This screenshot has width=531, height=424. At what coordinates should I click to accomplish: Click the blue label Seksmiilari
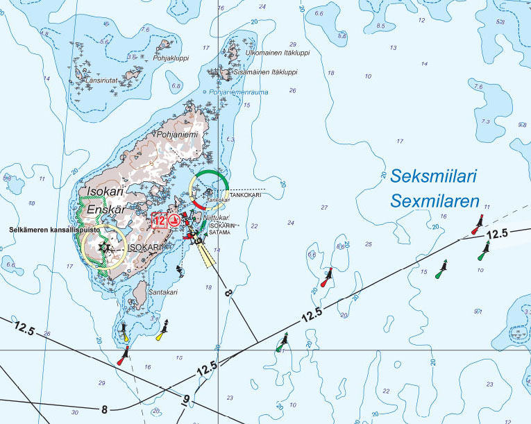click(x=433, y=178)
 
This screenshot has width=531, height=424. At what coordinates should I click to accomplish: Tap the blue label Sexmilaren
click(x=435, y=202)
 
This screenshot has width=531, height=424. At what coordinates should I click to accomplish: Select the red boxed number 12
click(x=159, y=221)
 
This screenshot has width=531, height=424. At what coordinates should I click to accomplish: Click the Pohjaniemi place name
click(x=178, y=135)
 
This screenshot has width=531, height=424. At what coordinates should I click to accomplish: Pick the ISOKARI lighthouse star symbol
click(x=104, y=246)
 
